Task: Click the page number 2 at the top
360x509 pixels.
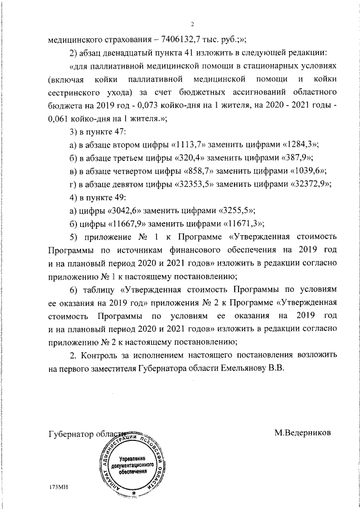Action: pyautogui.click(x=192, y=24)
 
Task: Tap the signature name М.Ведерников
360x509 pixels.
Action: pyautogui.click(x=303, y=433)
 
